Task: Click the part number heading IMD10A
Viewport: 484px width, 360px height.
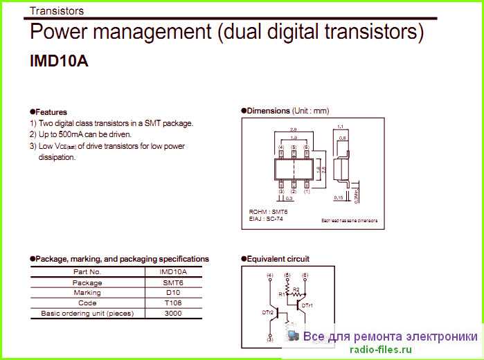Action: (x=59, y=61)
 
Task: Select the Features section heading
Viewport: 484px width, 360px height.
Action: (x=51, y=111)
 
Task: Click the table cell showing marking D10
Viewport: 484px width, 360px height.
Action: (x=173, y=292)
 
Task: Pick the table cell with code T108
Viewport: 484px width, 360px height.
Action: (x=173, y=303)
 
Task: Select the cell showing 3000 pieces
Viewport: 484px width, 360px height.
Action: (x=173, y=313)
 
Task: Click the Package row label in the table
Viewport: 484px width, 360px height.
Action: (x=87, y=282)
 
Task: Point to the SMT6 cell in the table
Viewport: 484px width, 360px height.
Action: (x=173, y=282)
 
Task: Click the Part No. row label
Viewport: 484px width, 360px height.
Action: (x=87, y=272)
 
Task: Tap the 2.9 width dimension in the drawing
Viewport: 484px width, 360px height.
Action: (x=294, y=129)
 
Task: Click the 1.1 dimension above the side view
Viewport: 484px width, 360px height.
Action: (x=340, y=127)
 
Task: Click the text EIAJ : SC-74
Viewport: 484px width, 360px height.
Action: (x=266, y=218)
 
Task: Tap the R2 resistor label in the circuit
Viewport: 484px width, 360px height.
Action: (x=296, y=289)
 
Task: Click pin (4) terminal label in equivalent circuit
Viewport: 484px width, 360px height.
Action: (x=269, y=275)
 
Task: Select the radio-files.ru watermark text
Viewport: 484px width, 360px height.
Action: (x=380, y=350)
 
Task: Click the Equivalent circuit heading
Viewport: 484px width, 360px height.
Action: (x=278, y=259)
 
